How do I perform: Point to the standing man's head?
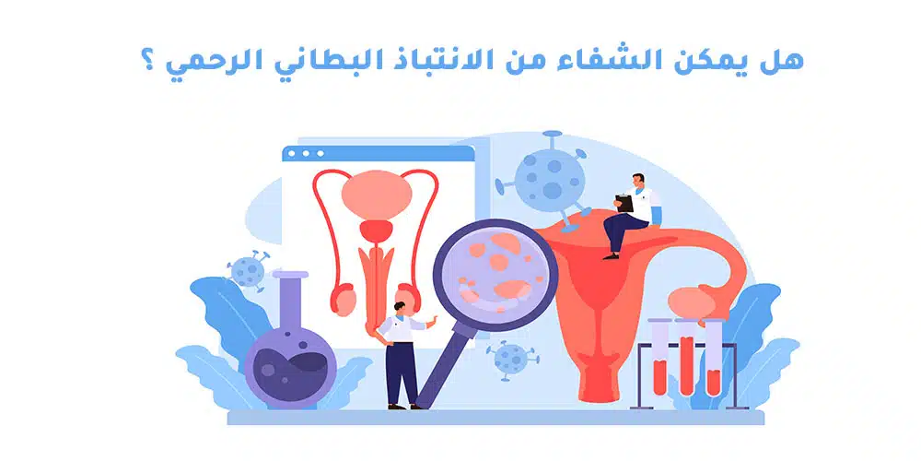(x=400, y=299)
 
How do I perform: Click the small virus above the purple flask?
(x=247, y=271)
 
